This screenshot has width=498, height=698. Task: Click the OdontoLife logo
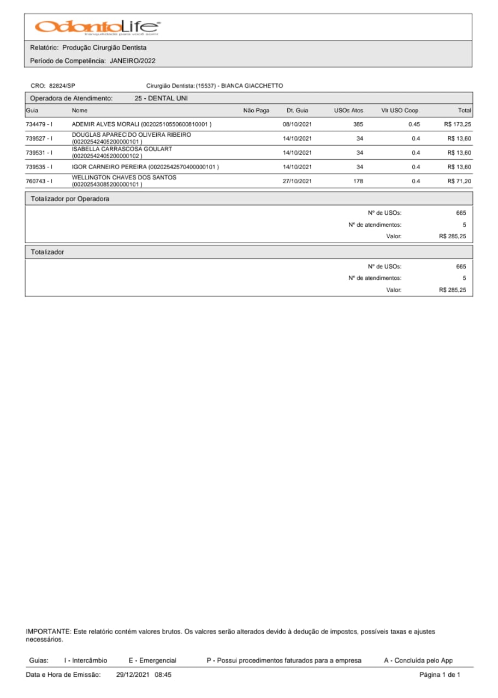click(x=98, y=27)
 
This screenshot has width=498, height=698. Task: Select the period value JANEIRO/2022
click(x=133, y=61)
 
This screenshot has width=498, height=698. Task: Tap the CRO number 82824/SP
click(x=62, y=86)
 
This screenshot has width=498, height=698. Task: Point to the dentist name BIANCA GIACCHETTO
click(x=252, y=86)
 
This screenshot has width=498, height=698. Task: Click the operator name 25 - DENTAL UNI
click(x=161, y=99)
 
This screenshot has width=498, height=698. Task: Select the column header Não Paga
click(x=256, y=111)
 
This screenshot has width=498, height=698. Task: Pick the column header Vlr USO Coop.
click(x=400, y=111)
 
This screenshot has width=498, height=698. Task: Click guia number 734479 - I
click(x=39, y=124)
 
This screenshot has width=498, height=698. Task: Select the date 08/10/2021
click(x=297, y=124)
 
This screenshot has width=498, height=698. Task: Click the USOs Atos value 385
click(x=358, y=124)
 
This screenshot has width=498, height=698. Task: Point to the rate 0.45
click(x=414, y=124)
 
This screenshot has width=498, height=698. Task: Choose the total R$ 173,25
click(x=458, y=124)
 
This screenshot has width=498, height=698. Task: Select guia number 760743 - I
click(x=39, y=181)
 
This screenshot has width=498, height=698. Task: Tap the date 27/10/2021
click(x=297, y=181)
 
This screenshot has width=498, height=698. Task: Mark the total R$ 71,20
click(x=459, y=181)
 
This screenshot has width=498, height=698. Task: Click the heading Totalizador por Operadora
click(x=70, y=199)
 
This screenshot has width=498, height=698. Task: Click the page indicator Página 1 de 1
click(x=440, y=675)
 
